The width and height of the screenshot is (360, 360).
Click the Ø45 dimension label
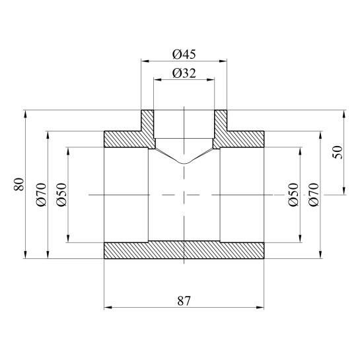184,55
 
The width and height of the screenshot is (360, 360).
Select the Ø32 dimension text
184,73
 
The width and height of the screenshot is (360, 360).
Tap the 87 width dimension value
184,301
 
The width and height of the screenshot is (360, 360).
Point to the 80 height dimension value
19,184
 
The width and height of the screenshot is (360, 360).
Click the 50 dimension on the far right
338,152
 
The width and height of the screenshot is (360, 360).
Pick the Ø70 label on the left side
42,195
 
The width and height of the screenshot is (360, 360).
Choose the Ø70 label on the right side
314,195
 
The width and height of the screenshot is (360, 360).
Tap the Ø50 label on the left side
61,195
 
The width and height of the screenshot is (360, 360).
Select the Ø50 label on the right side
293,195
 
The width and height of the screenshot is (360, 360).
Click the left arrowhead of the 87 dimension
108,307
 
